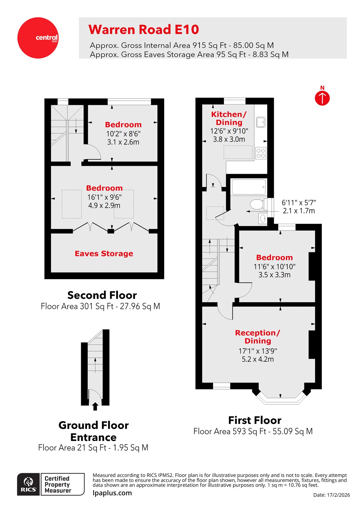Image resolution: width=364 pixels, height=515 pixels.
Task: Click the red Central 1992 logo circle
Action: click(38, 38)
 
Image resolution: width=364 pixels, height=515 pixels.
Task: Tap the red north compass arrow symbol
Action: click(322, 98)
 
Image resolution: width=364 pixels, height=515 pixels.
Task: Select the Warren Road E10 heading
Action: click(144, 30)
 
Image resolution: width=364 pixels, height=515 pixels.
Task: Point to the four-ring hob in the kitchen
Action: click(261, 153)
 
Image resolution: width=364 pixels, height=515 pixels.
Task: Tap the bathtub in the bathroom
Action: click(248, 187)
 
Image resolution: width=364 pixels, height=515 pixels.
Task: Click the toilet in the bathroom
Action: click(257, 204)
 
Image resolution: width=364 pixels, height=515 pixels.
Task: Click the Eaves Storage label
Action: click(104, 254)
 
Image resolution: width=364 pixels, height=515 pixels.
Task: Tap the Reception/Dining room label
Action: click(257, 337)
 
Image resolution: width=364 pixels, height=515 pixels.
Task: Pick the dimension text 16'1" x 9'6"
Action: click(104, 197)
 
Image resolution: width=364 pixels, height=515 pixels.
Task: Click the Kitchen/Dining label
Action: click(229, 118)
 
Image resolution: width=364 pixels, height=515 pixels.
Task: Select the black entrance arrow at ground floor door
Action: click(95, 406)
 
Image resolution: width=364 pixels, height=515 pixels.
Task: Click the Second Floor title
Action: click(102, 295)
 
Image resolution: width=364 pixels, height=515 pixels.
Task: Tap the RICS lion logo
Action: click(29, 484)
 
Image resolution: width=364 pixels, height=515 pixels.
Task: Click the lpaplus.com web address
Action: click(112, 493)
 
